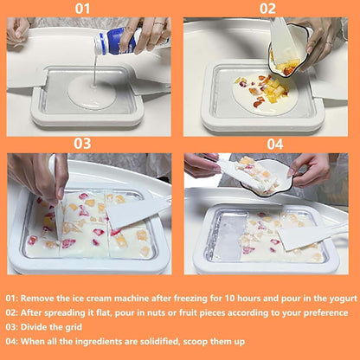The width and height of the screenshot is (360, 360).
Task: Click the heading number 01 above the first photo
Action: (x=83, y=10)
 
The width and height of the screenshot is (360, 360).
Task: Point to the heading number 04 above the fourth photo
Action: (x=274, y=144)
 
